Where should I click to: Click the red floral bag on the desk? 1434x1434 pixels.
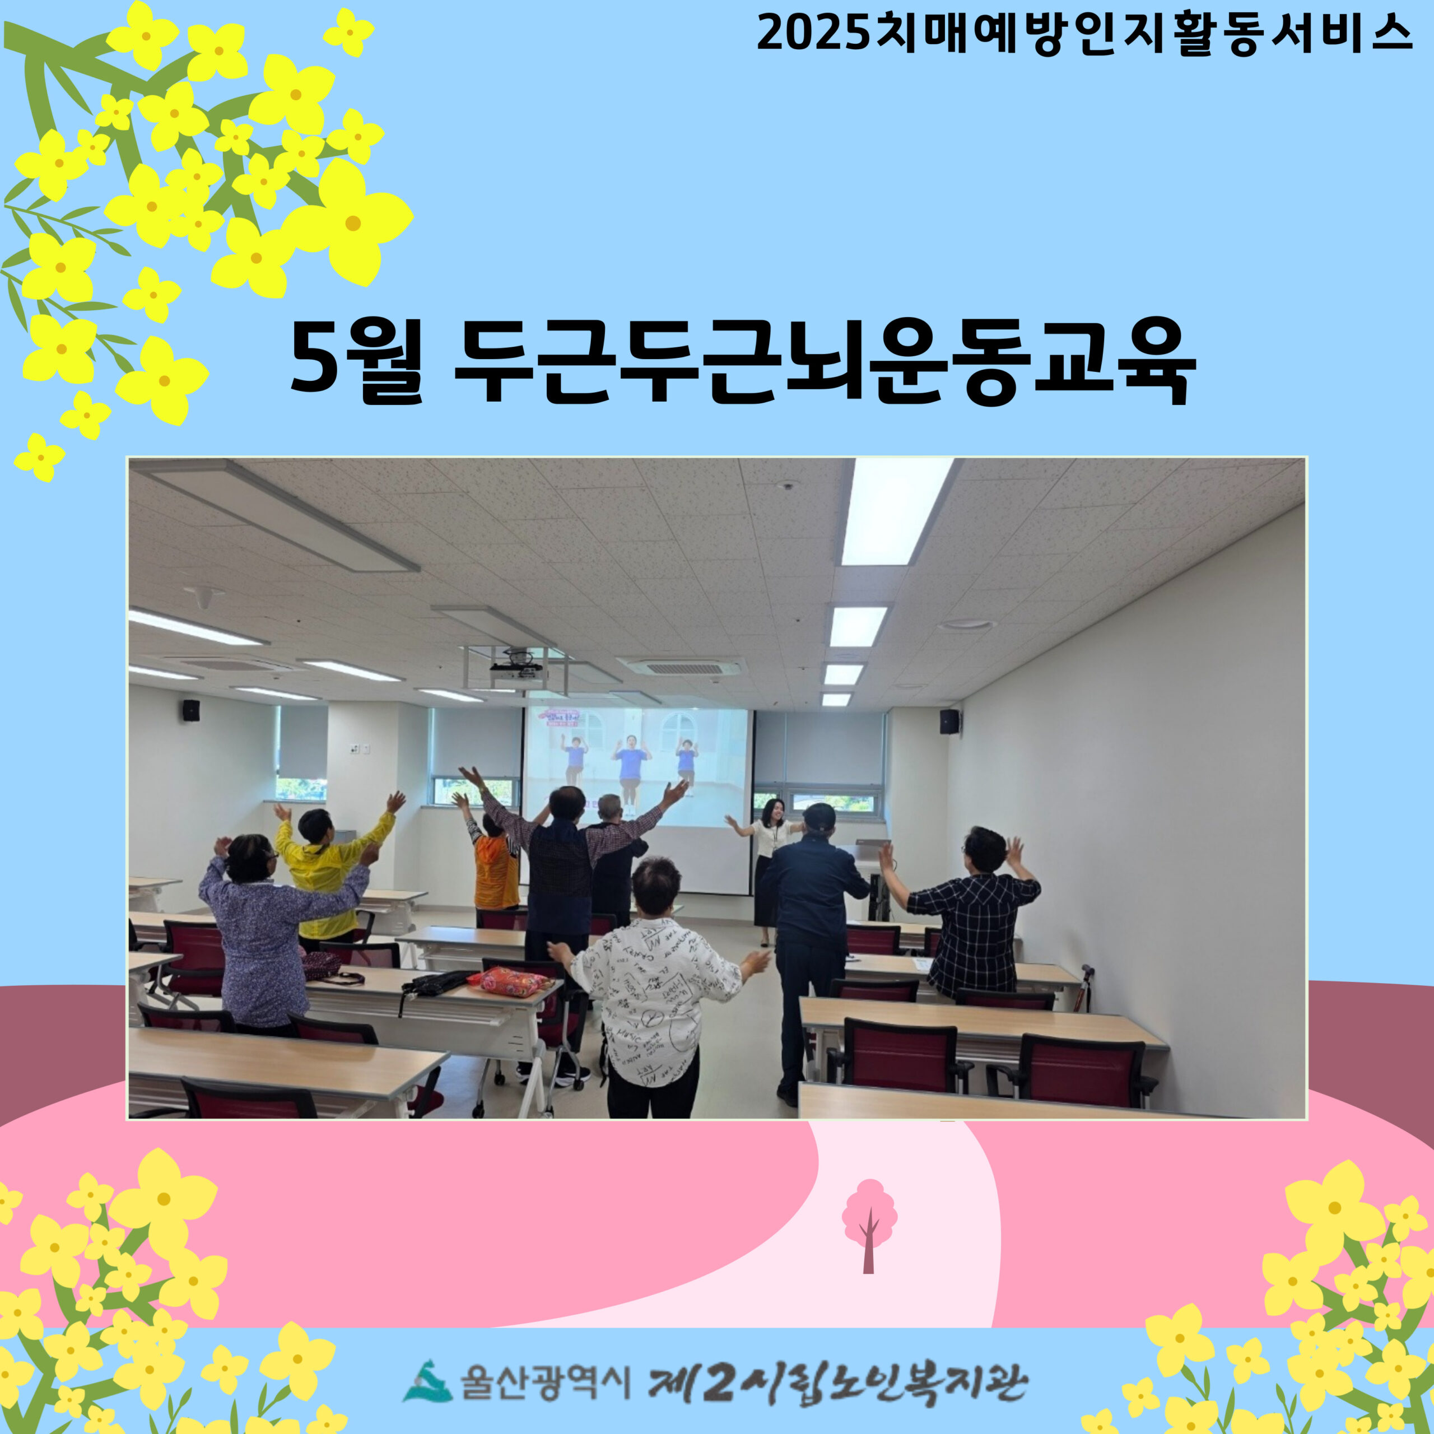click(511, 981)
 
